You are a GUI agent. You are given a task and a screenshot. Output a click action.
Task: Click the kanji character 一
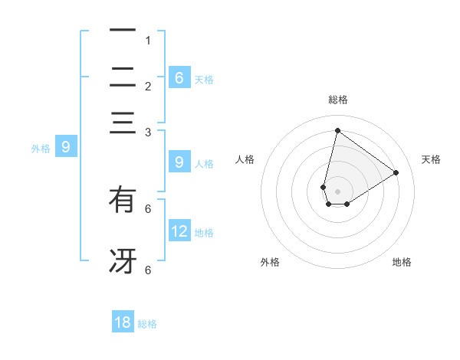click(x=123, y=31)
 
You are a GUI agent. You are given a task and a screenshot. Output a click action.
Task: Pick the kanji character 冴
click(x=123, y=260)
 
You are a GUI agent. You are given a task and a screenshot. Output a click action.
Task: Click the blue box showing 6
click(x=179, y=77)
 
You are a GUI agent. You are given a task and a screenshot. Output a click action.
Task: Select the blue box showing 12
click(x=179, y=231)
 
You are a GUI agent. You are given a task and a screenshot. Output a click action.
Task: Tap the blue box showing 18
click(x=123, y=322)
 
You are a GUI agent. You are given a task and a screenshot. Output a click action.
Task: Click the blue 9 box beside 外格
click(x=66, y=146)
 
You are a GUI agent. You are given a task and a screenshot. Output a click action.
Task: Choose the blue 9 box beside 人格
click(x=179, y=162)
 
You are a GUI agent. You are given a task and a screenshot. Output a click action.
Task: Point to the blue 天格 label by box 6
click(x=204, y=79)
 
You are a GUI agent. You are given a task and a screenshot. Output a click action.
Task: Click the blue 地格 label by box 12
click(x=205, y=232)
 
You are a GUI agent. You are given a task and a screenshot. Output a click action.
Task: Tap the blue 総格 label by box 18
click(x=148, y=324)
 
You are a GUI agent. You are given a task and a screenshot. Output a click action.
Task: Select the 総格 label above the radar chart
click(x=337, y=100)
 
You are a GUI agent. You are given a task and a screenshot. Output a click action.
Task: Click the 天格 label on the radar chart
click(x=431, y=159)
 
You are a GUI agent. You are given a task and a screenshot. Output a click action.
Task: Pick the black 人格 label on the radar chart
click(x=245, y=159)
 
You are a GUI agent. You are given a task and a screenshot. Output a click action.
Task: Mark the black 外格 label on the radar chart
click(x=270, y=262)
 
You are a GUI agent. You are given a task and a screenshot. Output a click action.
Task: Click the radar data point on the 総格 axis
click(x=337, y=129)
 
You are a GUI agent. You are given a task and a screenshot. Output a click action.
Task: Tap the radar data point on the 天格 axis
click(x=396, y=172)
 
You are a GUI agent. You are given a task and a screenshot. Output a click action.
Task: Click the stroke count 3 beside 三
click(x=148, y=132)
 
